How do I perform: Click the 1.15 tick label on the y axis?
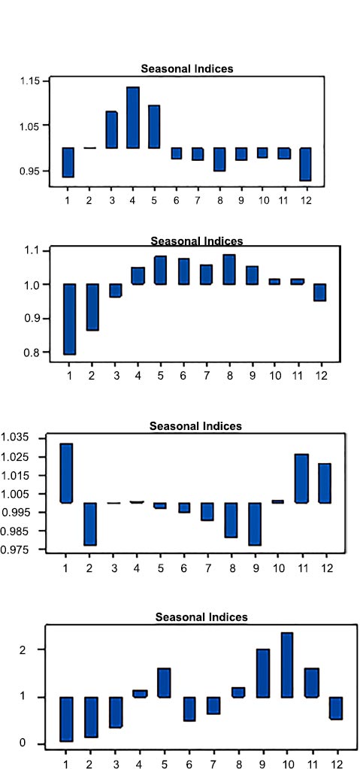coord(29,81)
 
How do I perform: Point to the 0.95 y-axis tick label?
coord(29,171)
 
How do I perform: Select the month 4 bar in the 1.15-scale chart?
coord(133,118)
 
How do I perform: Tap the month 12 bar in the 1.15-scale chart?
coord(305,165)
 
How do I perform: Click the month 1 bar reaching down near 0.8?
coord(70,319)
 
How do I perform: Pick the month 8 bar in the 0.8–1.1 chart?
coord(229,269)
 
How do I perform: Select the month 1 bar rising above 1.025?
coord(66,474)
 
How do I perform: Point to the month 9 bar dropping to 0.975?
coord(254,524)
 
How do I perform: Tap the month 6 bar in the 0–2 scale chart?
coord(189,709)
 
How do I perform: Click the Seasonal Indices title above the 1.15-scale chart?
coord(187,68)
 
